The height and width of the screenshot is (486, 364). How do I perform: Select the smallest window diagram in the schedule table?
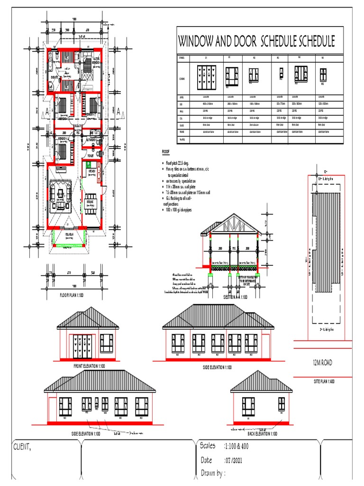280,73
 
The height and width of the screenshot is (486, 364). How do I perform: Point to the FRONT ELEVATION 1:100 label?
89,366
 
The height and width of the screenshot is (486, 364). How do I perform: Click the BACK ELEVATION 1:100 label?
262,434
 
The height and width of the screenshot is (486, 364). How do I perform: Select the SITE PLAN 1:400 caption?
324,381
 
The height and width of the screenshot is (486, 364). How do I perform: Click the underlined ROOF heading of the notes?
166,152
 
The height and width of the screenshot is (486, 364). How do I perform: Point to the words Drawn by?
213,473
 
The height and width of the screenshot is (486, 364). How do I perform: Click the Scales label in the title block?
208,447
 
